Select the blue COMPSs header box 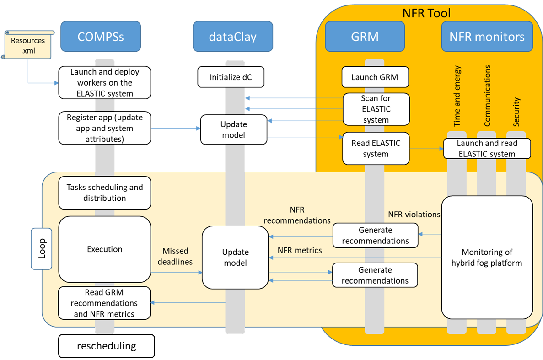(101, 37)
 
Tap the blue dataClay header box (232, 37)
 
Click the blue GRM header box (365, 37)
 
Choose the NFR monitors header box (487, 37)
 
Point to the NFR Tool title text (426, 13)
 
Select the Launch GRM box (375, 77)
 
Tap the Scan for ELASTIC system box (376, 109)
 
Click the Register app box (105, 129)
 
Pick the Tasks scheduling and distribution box (105, 193)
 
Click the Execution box (105, 249)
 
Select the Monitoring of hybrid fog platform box (487, 258)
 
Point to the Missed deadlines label (175, 257)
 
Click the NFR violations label (414, 214)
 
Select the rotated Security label (517, 112)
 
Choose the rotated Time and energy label (458, 96)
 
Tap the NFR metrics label (300, 250)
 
